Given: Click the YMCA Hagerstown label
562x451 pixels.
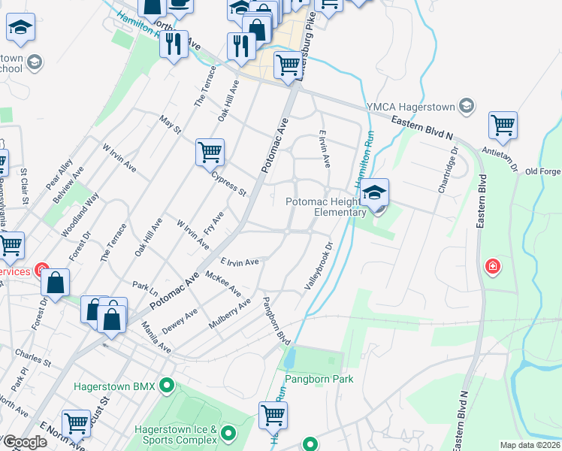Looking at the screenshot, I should [412, 106].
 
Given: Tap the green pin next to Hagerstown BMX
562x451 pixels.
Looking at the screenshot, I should [168, 386].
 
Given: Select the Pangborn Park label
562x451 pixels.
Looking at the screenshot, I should [319, 380].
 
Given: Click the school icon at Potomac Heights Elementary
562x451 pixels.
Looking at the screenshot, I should [373, 194].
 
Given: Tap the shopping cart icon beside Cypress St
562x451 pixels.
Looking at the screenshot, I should [210, 152].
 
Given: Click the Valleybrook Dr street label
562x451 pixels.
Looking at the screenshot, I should [318, 267].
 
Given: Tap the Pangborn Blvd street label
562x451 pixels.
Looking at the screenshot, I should [276, 321].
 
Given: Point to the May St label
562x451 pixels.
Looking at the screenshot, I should [171, 126].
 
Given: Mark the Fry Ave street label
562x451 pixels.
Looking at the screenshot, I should [214, 223].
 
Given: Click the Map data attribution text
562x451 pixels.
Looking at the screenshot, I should [530, 445].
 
